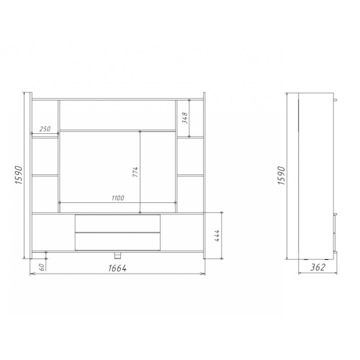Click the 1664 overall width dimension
(117, 268)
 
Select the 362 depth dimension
(318, 267)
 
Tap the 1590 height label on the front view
(19, 175)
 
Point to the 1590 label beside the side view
(282, 175)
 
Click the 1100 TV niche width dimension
(118, 198)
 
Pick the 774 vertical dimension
(135, 172)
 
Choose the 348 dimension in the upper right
(185, 117)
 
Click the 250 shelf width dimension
(45, 129)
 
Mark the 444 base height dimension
(217, 235)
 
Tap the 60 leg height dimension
(42, 267)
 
